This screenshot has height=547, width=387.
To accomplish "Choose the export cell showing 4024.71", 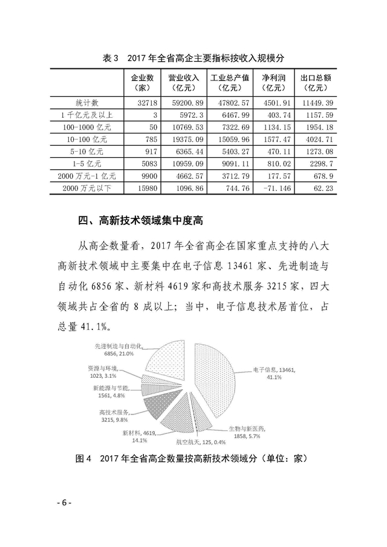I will [316, 139].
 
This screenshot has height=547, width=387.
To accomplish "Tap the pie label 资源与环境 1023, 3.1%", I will [107, 371].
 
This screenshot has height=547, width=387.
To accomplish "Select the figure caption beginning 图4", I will [193, 459].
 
